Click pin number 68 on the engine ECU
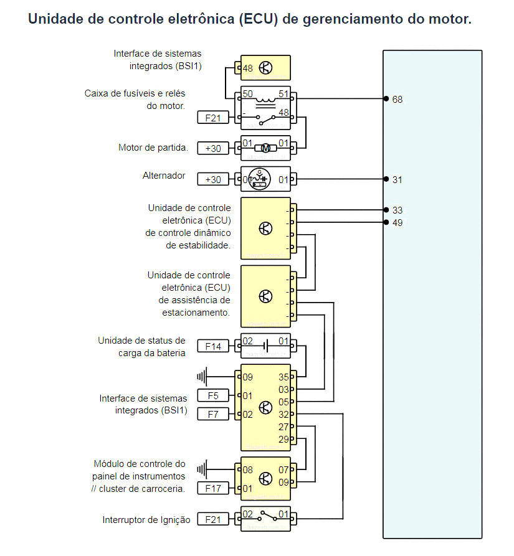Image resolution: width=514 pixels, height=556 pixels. tap(397, 99)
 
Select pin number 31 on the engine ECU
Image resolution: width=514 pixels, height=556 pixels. tap(397, 179)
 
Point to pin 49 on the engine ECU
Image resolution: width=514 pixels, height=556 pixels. tap(397, 222)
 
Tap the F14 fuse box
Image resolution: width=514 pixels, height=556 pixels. tap(213, 346)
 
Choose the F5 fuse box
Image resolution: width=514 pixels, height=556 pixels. tap(213, 395)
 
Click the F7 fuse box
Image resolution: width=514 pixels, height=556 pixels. tap(213, 414)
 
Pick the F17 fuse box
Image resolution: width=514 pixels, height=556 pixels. tap(213, 489)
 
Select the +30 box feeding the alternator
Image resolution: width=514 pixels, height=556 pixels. tap(213, 179)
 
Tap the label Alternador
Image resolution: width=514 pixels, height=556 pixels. tap(164, 176)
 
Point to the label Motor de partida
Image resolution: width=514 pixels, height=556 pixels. tap(153, 148)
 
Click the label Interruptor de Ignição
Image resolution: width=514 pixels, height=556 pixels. tap(146, 520)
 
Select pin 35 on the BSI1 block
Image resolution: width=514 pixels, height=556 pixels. tap(283, 377)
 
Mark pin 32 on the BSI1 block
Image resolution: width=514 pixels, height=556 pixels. tap(283, 414)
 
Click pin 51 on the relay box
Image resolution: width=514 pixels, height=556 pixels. tap(283, 94)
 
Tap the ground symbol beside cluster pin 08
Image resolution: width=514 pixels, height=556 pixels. tap(202, 469)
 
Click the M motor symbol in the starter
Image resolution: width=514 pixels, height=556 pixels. tap(265, 148)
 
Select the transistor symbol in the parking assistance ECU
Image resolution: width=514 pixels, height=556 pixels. tap(265, 296)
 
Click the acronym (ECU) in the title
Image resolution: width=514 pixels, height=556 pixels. tap(257, 19)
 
